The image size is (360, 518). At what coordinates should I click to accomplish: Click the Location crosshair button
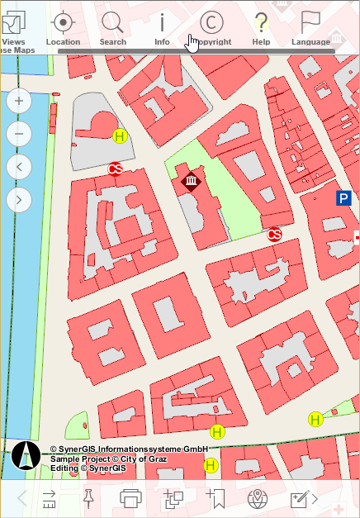pyautogui.click(x=63, y=25)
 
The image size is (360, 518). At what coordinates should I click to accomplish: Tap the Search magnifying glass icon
pyautogui.click(x=112, y=25)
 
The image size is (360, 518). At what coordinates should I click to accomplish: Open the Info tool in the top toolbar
pyautogui.click(x=162, y=25)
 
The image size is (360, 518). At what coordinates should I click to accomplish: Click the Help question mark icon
pyautogui.click(x=261, y=25)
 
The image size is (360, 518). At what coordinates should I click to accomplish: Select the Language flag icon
pyautogui.click(x=310, y=25)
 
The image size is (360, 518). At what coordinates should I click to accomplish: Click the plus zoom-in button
pyautogui.click(x=19, y=102)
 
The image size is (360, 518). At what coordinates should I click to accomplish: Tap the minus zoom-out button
pyautogui.click(x=19, y=134)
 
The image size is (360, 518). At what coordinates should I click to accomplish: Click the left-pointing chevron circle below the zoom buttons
pyautogui.click(x=19, y=167)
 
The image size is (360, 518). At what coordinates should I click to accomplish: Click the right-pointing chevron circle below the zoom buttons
pyautogui.click(x=19, y=199)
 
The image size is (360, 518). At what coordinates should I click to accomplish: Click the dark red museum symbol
pyautogui.click(x=192, y=182)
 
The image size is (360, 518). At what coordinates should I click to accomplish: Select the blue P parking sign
pyautogui.click(x=344, y=198)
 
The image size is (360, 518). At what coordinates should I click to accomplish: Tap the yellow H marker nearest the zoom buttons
pyautogui.click(x=120, y=136)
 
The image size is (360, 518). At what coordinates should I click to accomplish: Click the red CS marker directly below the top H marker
pyautogui.click(x=115, y=169)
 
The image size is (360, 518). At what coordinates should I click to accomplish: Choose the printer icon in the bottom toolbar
pyautogui.click(x=130, y=498)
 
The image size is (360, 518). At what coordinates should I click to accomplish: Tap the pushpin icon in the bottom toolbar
pyautogui.click(x=88, y=497)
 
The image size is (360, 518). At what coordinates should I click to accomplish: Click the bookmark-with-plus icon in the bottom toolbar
pyautogui.click(x=216, y=498)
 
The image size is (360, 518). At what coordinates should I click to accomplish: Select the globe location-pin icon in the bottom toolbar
pyautogui.click(x=259, y=498)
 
